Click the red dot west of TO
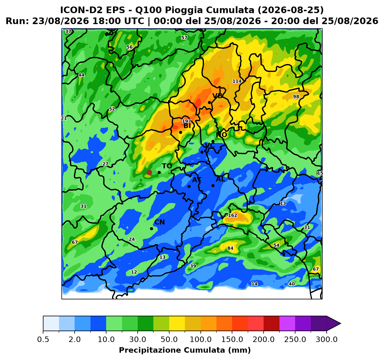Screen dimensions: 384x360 pos(149,172)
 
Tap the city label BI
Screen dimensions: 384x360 pos(187,126)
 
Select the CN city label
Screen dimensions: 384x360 pos(160,222)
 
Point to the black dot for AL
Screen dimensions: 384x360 pos(213,186)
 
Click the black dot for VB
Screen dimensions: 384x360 pos(209,103)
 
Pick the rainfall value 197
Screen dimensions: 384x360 pos(187,121)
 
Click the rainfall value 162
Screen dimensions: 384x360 pos(232,215)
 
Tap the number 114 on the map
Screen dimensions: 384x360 pos(237,81)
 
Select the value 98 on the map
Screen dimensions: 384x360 pos(296,97)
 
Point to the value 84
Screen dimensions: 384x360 pos(230,248)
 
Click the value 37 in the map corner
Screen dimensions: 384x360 pos(68,32)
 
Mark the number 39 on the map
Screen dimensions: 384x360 pos(193,266)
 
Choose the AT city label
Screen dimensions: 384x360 pos(197,180)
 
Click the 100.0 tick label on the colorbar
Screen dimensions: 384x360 pos(201,339)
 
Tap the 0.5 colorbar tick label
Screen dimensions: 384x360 pos(43,339)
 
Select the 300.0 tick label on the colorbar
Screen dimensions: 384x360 pos(327,339)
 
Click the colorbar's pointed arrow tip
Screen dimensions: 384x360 pos(341,324)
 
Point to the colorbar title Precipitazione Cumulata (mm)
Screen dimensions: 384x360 pos(185,350)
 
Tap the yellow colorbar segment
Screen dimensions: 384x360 pos(177,324)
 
